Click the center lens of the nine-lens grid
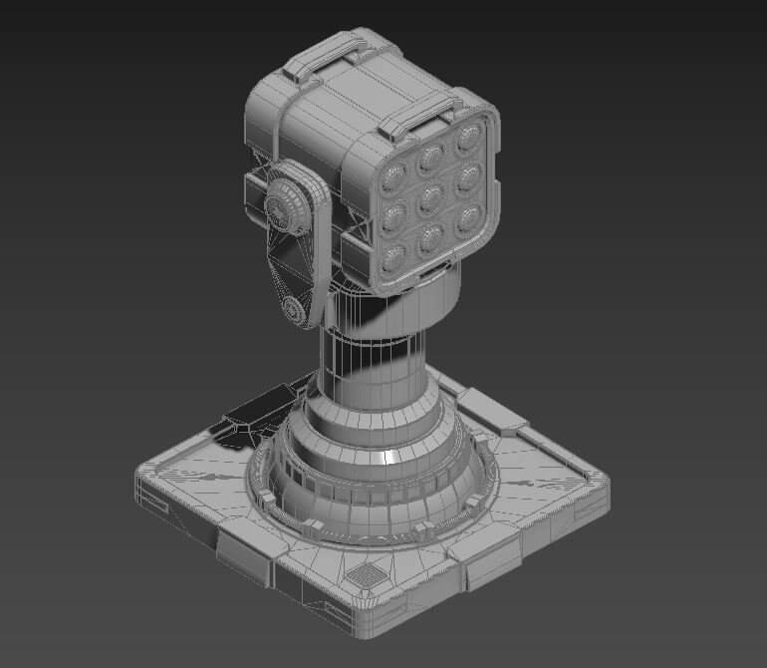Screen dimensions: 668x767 430,198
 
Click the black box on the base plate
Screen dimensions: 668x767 255,410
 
